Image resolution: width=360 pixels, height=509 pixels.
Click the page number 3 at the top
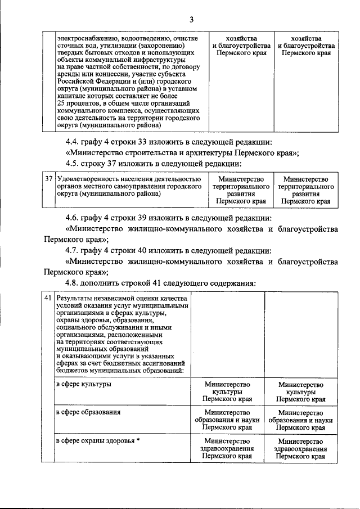click(x=191, y=21)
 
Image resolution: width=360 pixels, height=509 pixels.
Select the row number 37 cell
click(x=49, y=178)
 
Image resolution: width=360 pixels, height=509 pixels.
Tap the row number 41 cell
click(x=49, y=298)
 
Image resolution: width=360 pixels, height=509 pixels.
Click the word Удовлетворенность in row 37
click(x=87, y=178)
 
